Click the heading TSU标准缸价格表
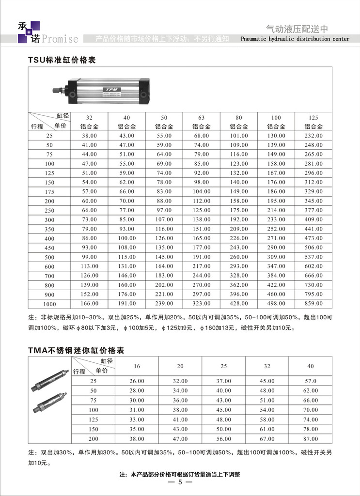point(63,61)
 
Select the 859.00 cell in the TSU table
point(313,303)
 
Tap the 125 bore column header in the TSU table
point(313,117)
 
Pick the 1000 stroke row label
point(49,303)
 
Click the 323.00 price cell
point(202,303)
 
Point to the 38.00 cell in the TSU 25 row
point(89,136)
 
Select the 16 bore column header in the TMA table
point(137,366)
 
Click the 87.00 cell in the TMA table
point(311,439)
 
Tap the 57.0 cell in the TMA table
point(311,381)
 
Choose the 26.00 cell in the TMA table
point(137,381)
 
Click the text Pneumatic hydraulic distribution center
point(295,39)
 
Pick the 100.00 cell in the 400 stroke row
point(126,238)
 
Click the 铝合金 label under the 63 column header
point(202,126)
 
